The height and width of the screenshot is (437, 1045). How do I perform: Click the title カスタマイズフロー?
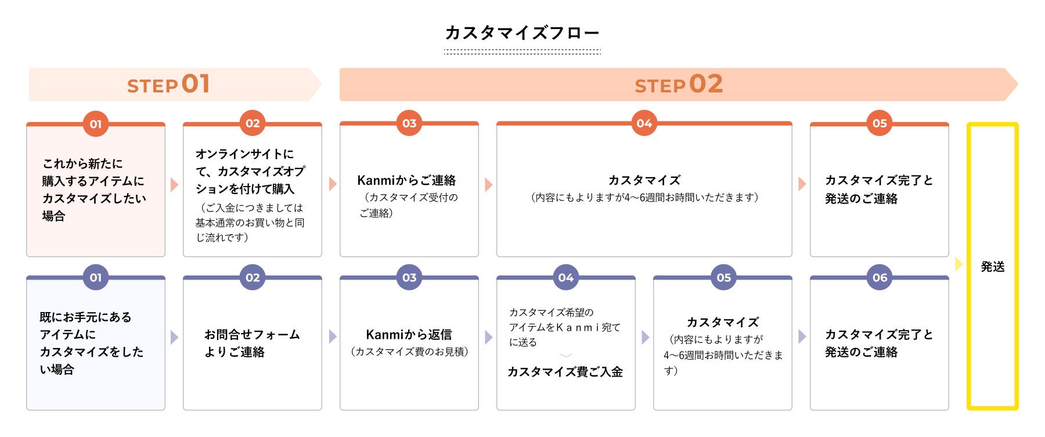tap(522, 33)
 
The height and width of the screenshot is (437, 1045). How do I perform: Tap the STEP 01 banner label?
tap(168, 85)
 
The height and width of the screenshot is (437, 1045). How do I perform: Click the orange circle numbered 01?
tap(96, 124)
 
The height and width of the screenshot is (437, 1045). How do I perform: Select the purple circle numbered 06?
tap(880, 278)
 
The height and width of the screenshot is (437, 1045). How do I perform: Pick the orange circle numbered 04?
tap(644, 123)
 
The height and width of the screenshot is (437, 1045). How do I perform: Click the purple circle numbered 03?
tap(409, 278)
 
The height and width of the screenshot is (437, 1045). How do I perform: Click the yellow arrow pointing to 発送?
tap(958, 264)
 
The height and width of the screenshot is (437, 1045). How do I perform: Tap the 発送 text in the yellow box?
tap(993, 267)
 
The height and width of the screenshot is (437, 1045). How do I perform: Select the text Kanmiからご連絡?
tap(406, 180)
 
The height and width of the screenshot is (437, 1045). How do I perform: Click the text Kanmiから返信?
tap(409, 335)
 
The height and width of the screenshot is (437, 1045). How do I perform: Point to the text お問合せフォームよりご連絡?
tap(252, 343)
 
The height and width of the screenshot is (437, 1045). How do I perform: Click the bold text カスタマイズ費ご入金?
tap(565, 372)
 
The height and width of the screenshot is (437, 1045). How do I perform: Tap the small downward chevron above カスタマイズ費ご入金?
tap(566, 355)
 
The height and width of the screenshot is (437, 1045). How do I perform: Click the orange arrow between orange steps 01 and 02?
tap(174, 185)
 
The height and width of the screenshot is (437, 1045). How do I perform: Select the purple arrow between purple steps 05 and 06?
tap(802, 336)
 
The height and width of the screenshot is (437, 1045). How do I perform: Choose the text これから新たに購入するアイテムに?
tap(93, 173)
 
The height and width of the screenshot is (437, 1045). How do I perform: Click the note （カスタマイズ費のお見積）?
tap(409, 352)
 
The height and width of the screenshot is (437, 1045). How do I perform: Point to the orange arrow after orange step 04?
tap(802, 184)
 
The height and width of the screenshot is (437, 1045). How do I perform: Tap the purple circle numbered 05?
tap(723, 278)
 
